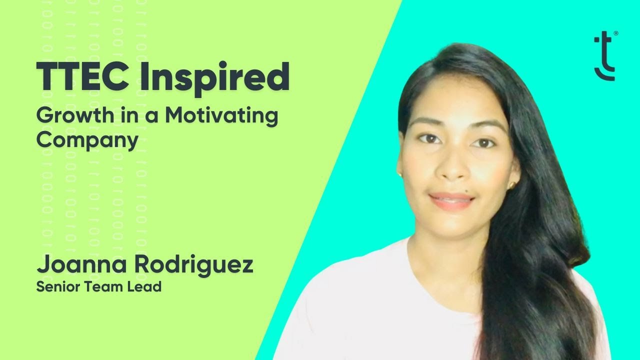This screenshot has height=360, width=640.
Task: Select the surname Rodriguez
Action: tap(193, 265)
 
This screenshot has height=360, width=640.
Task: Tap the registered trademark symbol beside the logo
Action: tap(615, 34)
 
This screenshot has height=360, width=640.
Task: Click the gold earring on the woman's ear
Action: tap(511, 185)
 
